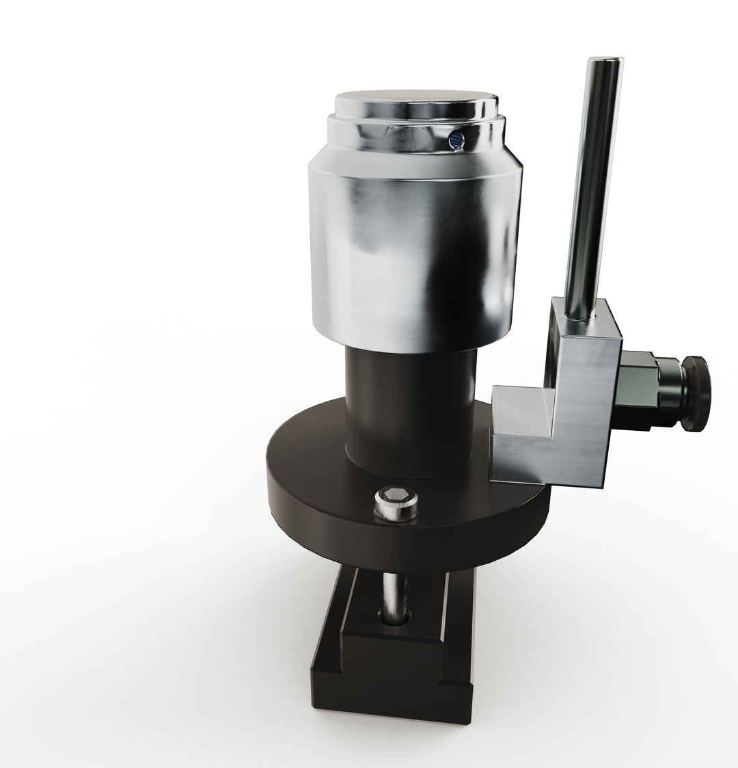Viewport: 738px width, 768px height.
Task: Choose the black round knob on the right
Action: click(x=697, y=393)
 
